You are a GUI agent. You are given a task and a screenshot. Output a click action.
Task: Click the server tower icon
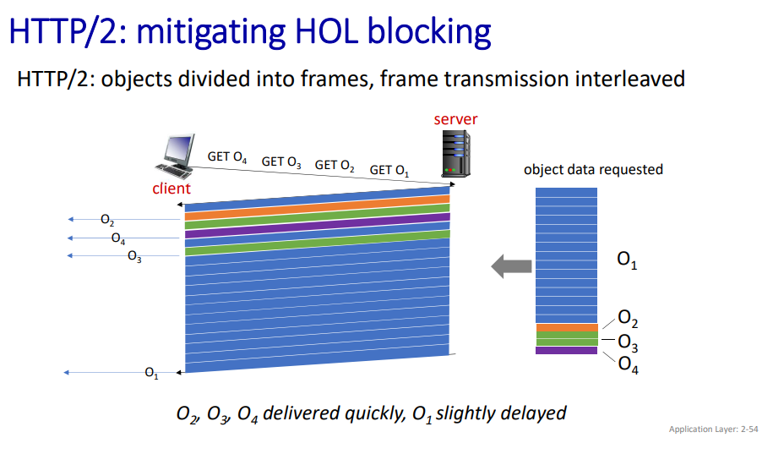456,153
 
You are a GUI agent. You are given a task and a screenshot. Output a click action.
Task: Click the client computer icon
175,156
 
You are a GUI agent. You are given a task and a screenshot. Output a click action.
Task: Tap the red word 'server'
455,119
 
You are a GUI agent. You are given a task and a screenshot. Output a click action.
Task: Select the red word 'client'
171,189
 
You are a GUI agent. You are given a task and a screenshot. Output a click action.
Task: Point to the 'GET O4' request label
226,157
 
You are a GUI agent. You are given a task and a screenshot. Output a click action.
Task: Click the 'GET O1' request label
389,171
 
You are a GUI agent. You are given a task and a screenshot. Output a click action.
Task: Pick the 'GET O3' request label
281,162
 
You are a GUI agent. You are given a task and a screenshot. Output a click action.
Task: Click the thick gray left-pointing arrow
511,266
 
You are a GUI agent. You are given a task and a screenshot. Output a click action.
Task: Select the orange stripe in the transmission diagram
318,208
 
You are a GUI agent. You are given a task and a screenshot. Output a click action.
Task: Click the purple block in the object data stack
566,351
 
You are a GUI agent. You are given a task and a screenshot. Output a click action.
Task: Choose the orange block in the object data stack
567,328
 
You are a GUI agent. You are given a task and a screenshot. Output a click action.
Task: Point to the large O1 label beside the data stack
627,260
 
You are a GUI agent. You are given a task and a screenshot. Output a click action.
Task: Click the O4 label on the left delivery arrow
118,238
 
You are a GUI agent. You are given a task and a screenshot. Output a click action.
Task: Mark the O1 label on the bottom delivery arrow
151,373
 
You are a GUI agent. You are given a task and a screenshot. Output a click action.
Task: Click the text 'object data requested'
593,170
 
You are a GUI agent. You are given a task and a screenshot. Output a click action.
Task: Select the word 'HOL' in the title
326,31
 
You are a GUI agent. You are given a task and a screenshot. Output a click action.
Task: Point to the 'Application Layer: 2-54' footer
713,429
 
